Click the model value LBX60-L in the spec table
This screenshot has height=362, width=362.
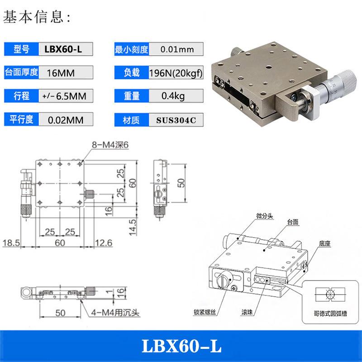(63, 49)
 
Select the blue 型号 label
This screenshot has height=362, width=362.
(22, 49)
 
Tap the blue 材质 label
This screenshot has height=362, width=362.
(131, 119)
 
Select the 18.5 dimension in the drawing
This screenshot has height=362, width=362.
(11, 243)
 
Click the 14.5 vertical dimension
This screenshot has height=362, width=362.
(133, 226)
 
